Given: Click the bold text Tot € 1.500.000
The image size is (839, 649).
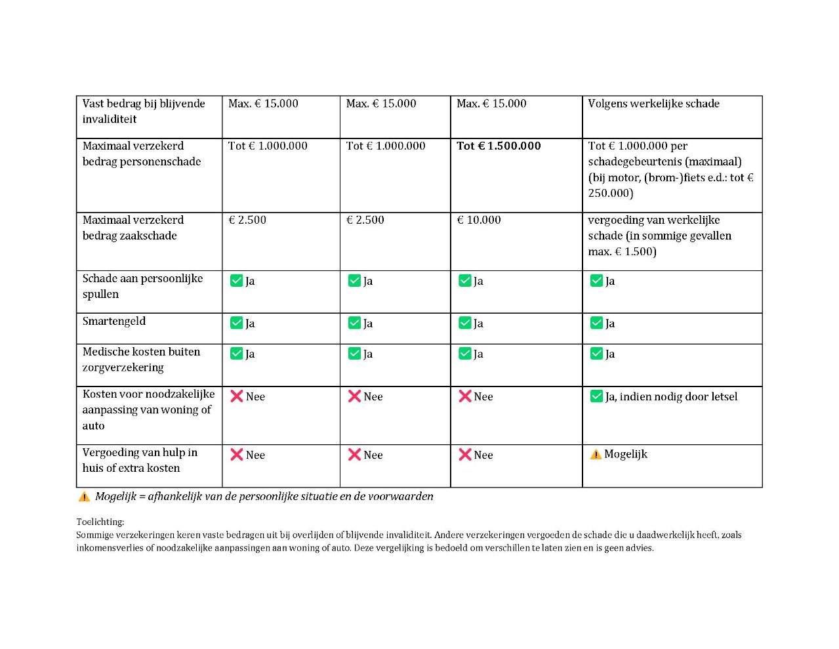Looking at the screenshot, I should (499, 146).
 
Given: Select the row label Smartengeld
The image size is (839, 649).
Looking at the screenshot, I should (114, 321).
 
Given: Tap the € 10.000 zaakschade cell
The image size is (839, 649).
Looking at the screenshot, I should (479, 220).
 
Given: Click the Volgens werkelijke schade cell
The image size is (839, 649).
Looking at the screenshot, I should (653, 104).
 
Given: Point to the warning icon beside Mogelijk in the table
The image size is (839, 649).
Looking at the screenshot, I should (596, 454).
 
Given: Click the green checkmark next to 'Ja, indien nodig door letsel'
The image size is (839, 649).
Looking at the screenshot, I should (596, 396).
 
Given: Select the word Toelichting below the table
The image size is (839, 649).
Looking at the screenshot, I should (100, 522).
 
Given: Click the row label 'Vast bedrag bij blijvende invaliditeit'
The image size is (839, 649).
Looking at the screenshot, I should (144, 112).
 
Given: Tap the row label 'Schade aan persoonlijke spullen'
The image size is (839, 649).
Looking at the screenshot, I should (142, 286).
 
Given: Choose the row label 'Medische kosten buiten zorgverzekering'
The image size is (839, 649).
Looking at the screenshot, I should (141, 360).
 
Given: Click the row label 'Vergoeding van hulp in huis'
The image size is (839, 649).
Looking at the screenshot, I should (140, 460).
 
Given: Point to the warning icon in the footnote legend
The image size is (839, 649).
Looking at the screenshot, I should (84, 497).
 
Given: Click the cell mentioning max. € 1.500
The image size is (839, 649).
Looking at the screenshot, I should (659, 236).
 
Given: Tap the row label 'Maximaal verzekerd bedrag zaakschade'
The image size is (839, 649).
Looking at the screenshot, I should (133, 228).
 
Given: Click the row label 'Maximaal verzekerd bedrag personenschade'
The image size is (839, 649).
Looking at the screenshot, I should (142, 154).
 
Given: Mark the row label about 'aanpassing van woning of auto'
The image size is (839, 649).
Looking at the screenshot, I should (148, 409).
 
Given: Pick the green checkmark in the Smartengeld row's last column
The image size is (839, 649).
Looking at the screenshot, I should (596, 323).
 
